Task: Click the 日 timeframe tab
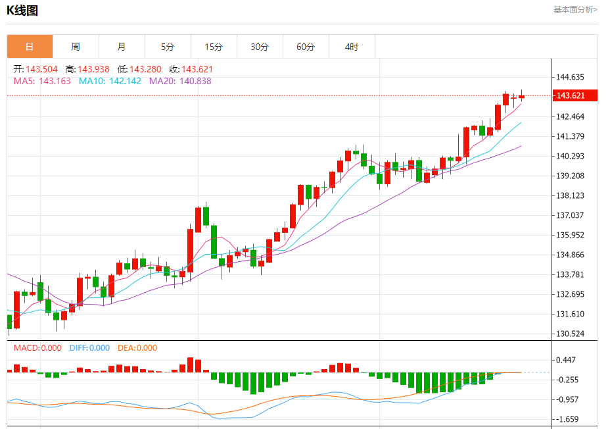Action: (x=30, y=47)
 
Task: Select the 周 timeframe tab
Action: (x=76, y=47)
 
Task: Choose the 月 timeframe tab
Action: (x=122, y=47)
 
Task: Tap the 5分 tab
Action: (x=168, y=47)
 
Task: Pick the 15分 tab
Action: (x=214, y=47)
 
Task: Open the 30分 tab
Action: (x=260, y=47)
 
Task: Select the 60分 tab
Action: (x=306, y=47)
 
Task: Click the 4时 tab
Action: (x=352, y=47)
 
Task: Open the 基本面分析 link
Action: (x=575, y=9)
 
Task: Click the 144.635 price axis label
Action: (x=570, y=77)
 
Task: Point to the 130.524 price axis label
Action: (x=570, y=334)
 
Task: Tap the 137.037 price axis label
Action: (x=570, y=215)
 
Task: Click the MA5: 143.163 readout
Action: (x=42, y=81)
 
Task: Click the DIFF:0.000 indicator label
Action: (x=89, y=348)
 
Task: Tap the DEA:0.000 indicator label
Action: (x=137, y=348)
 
